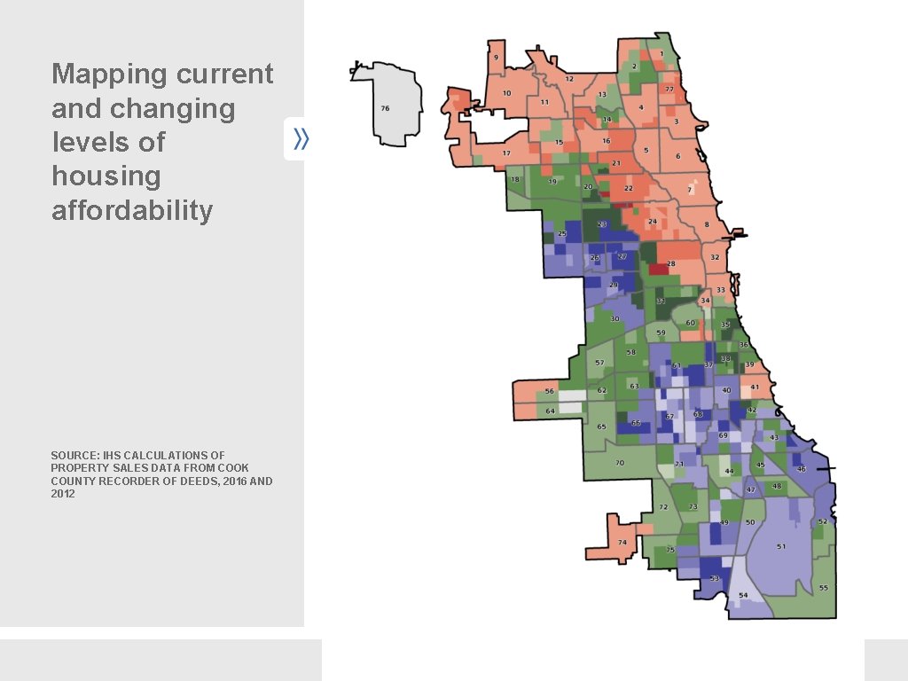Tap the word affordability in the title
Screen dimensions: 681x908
(132, 211)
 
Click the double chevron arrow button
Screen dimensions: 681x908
(299, 138)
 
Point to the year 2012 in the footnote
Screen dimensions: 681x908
(63, 494)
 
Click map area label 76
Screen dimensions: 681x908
(385, 108)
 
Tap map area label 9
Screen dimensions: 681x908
(496, 58)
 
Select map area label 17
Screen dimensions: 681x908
(506, 153)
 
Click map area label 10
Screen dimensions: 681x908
(506, 93)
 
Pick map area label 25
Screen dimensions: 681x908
(561, 233)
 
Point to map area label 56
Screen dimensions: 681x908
(550, 391)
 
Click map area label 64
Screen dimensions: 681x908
(550, 411)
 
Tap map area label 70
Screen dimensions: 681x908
(620, 463)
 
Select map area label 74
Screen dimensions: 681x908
(622, 542)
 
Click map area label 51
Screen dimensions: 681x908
(781, 546)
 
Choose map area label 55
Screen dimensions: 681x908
(824, 588)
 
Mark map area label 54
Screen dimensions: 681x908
(743, 595)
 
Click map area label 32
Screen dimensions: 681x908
(715, 257)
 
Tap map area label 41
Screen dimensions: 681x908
(755, 387)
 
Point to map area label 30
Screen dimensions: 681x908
(614, 318)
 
